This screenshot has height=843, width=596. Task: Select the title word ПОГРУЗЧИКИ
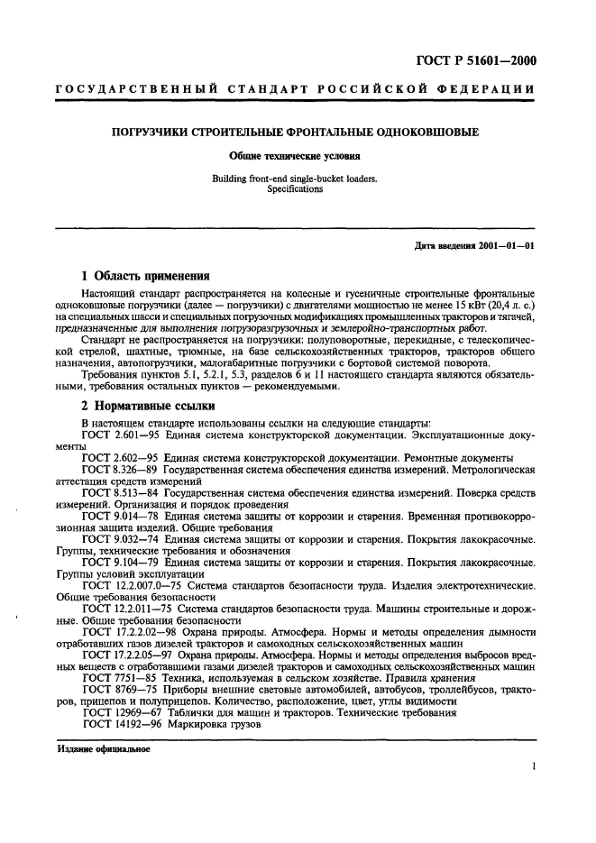[151, 133]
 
